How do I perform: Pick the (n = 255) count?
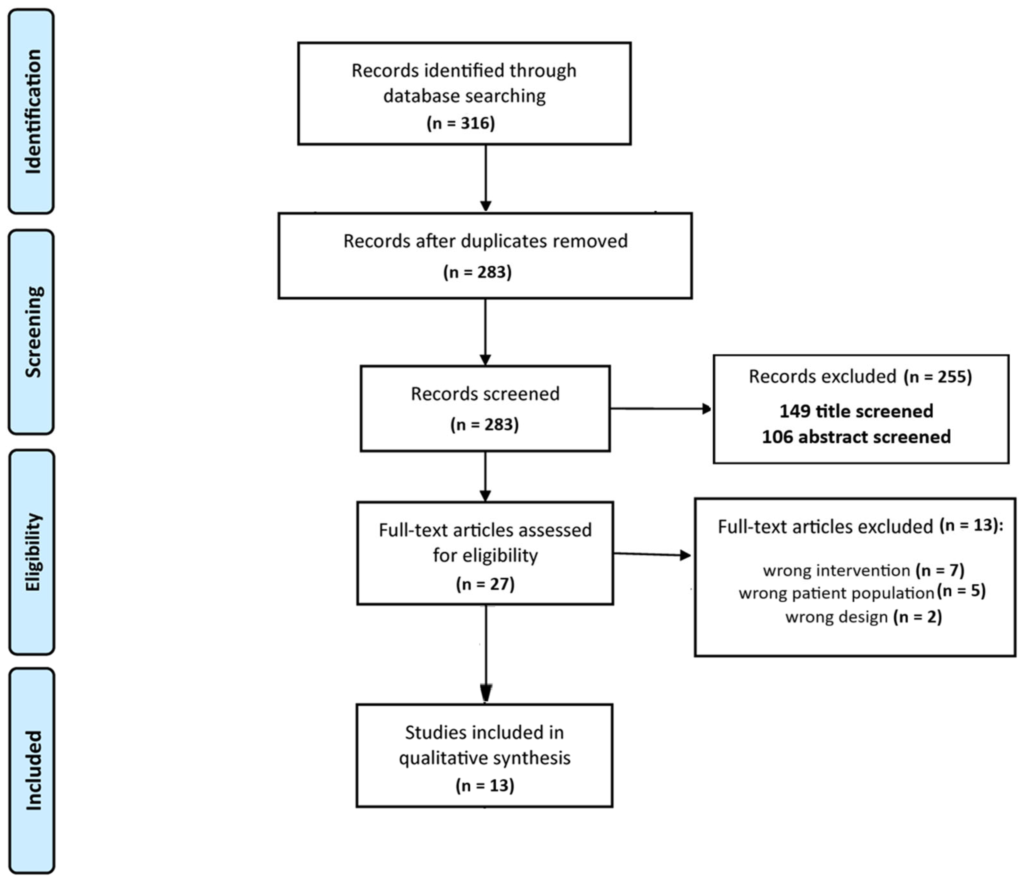[x=938, y=377]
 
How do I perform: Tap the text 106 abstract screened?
[x=856, y=437]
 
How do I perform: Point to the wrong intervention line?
[x=863, y=571]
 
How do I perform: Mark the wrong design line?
[x=863, y=617]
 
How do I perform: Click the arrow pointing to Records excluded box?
[x=660, y=409]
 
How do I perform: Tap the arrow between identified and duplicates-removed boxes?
[x=485, y=178]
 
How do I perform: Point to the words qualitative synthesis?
[x=484, y=758]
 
